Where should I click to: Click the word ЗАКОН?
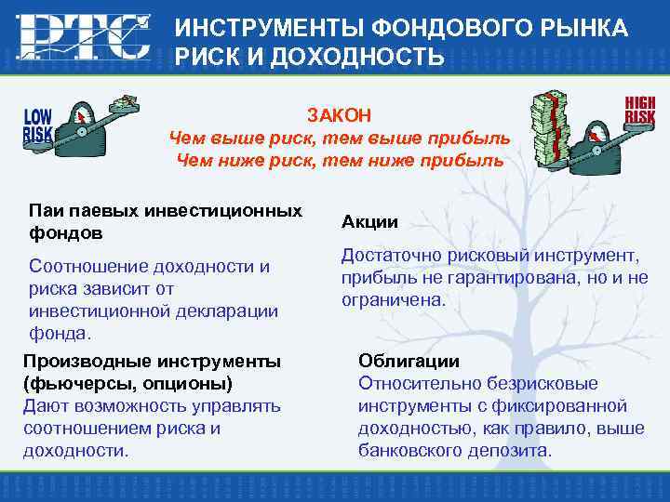[x=340, y=114]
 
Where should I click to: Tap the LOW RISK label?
[x=38, y=125]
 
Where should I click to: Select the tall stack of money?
[x=549, y=125]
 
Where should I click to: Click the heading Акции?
[x=369, y=221]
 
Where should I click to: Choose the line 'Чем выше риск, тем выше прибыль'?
[x=340, y=139]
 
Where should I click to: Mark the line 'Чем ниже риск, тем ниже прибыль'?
[x=340, y=160]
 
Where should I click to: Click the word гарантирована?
[x=492, y=278]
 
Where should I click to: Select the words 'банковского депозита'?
[x=455, y=451]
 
